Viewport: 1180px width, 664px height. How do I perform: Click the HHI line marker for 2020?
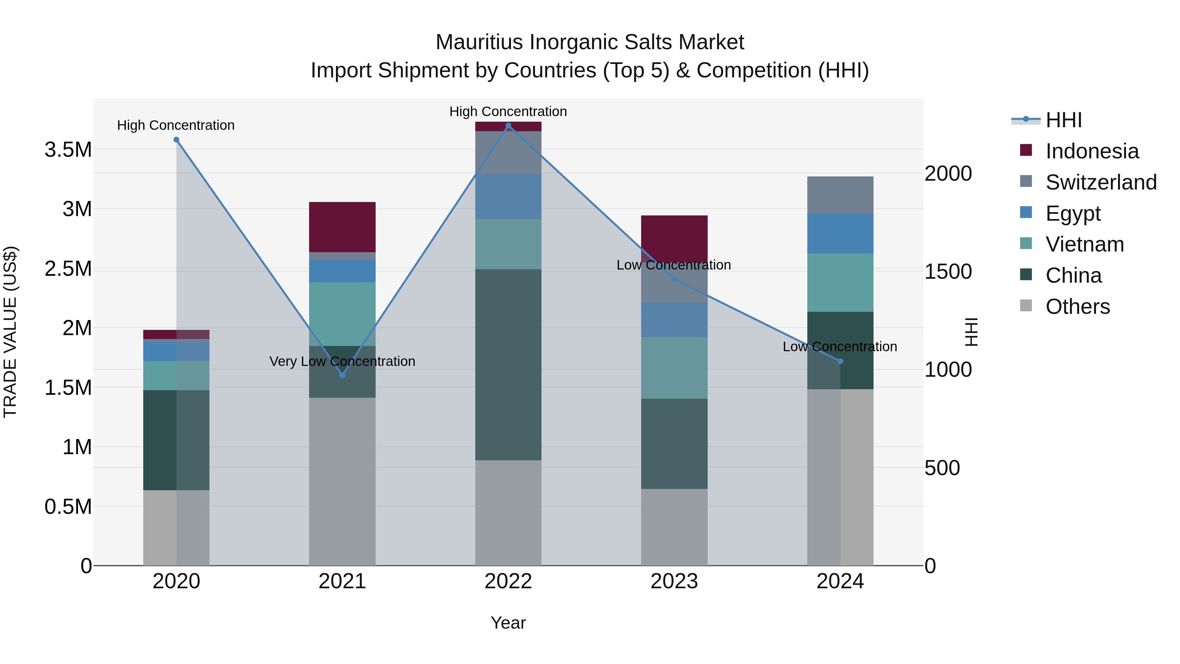[176, 140]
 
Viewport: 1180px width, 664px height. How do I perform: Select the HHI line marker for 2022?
[508, 126]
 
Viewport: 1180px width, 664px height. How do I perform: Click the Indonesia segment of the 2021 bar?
[342, 227]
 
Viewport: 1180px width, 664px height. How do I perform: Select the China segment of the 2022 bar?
[508, 364]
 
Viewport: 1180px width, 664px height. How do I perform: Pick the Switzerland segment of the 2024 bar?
[840, 195]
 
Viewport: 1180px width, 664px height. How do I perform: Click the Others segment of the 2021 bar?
[342, 481]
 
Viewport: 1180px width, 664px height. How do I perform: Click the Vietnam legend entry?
[1084, 244]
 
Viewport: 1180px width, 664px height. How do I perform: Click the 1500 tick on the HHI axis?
[948, 272]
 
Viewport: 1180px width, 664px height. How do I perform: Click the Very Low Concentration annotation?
[342, 362]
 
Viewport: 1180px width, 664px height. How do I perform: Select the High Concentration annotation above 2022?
[508, 112]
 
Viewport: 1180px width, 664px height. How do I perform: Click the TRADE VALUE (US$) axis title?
[10, 332]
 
